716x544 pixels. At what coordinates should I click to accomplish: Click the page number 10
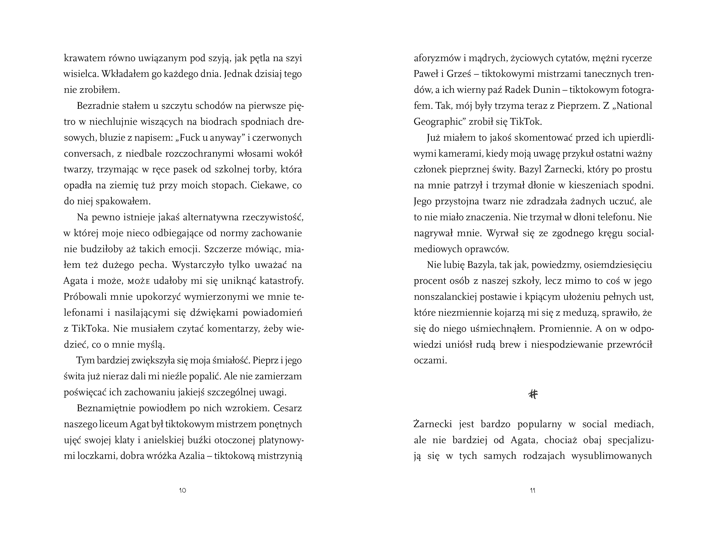(x=183, y=491)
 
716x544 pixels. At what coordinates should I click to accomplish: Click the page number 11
(x=533, y=491)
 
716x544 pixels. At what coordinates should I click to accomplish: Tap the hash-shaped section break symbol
(x=533, y=394)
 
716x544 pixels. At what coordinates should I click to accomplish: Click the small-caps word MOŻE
(x=139, y=281)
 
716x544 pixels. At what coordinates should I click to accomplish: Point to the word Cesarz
(x=287, y=408)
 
